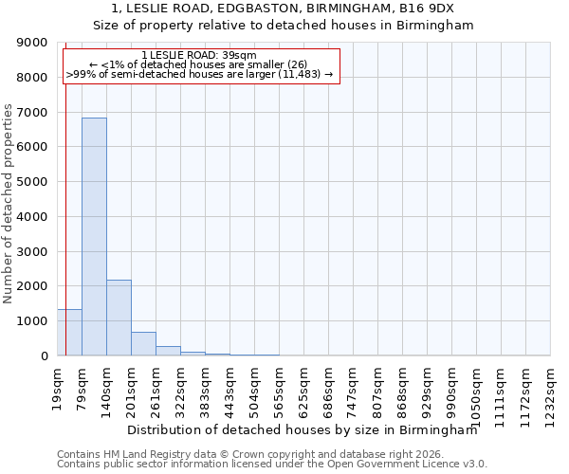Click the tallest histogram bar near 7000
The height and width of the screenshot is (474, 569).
pyautogui.click(x=94, y=237)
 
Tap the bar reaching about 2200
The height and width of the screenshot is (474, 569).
pyautogui.click(x=119, y=318)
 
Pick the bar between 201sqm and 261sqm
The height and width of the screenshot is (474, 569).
pyautogui.click(x=143, y=344)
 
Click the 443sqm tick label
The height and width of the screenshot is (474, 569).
pyautogui.click(x=229, y=384)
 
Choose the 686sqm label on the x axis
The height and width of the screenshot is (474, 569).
pyautogui.click(x=328, y=384)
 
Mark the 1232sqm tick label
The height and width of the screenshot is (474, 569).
pyautogui.click(x=550, y=388)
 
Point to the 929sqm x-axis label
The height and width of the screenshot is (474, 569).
pyautogui.click(x=427, y=384)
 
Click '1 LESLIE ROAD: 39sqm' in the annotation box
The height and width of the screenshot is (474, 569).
pyautogui.click(x=198, y=55)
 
